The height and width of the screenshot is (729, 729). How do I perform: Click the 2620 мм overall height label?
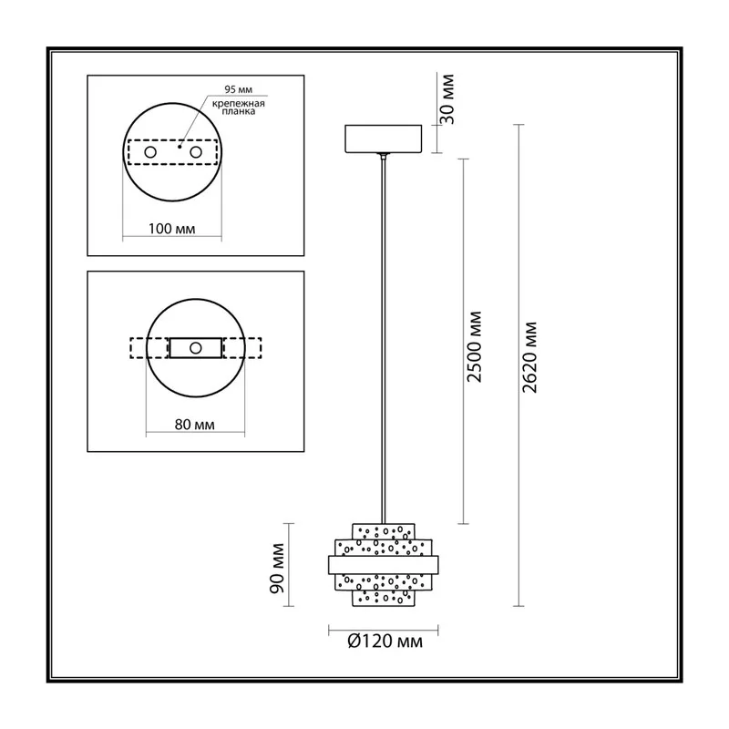[529, 357]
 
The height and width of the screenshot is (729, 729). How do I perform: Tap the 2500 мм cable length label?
[474, 347]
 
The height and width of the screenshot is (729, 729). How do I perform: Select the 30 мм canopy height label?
[447, 99]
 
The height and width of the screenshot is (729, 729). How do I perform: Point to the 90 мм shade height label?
[277, 568]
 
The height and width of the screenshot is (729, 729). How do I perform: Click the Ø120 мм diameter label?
[385, 642]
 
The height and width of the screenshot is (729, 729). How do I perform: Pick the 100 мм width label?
[171, 229]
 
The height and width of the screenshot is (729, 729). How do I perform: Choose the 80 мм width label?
[195, 425]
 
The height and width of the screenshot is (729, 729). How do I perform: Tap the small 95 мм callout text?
[239, 89]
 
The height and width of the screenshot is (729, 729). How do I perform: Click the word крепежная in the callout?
[239, 103]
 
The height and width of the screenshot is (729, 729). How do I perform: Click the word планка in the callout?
[239, 111]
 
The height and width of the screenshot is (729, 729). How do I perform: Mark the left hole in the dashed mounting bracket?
[150, 152]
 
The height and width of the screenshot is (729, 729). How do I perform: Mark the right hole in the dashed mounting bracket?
[196, 152]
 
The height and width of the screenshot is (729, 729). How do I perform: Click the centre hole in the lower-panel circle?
[196, 348]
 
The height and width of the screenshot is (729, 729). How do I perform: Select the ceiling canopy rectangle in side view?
[383, 139]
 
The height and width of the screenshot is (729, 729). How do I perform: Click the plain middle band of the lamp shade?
[383, 565]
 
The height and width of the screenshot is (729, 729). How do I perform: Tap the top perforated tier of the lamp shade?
[383, 531]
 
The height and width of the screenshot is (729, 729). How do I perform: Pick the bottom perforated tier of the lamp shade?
[383, 599]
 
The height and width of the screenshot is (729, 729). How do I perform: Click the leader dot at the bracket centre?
[180, 147]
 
